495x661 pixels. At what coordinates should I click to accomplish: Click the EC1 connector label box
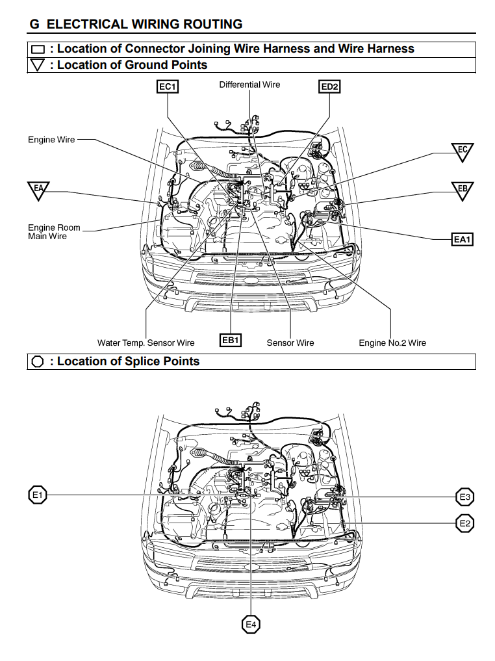(x=168, y=86)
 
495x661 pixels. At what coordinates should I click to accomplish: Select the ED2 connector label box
(x=329, y=86)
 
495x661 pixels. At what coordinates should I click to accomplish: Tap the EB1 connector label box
(x=231, y=340)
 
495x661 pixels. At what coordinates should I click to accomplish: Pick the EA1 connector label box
(x=462, y=240)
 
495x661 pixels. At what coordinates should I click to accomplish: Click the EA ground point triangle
(x=38, y=190)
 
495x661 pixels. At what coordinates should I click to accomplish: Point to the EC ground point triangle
(x=463, y=152)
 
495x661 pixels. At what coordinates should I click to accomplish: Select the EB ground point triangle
(x=463, y=190)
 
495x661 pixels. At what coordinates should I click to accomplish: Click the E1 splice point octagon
(x=38, y=496)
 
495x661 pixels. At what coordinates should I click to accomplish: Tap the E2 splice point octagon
(x=464, y=523)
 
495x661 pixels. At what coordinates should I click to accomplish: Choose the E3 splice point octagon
(x=464, y=498)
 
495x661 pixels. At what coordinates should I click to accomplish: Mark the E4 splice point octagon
(x=251, y=625)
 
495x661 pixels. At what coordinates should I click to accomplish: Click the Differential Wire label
(x=249, y=85)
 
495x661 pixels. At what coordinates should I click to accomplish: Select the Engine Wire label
(x=51, y=140)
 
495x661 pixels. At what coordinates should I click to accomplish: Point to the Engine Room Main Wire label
(x=54, y=232)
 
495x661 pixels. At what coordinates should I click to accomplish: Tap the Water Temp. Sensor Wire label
(x=146, y=343)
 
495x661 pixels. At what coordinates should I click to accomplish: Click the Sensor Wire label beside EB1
(x=290, y=343)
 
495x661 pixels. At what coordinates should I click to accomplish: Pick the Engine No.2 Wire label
(x=392, y=343)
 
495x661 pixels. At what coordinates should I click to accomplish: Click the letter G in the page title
(x=34, y=24)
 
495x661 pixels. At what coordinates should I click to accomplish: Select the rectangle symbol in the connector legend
(x=38, y=49)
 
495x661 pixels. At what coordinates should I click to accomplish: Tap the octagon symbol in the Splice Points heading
(x=38, y=362)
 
